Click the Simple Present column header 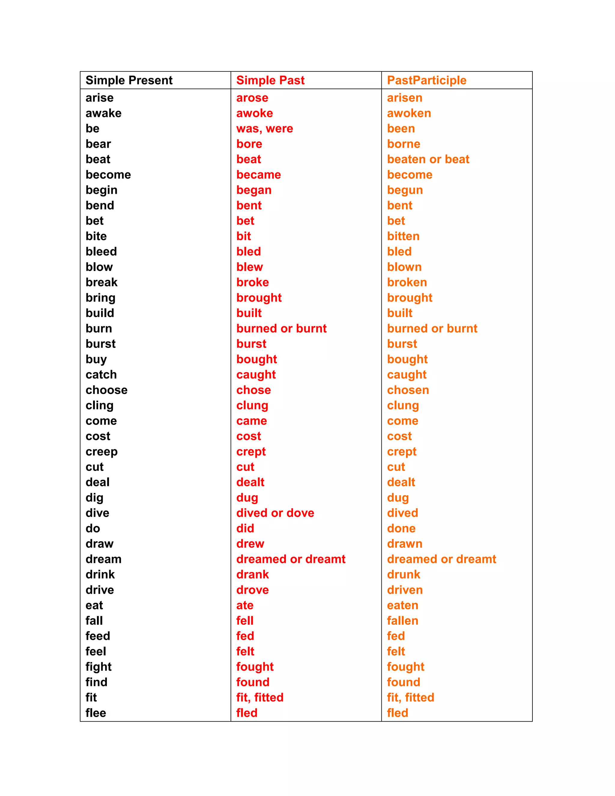[x=129, y=80]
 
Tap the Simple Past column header [x=270, y=80]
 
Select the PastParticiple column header [x=427, y=80]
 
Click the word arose [x=252, y=98]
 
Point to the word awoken [x=409, y=113]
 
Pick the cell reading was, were [x=265, y=129]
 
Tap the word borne [x=404, y=144]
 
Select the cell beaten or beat [x=428, y=159]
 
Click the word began [x=254, y=190]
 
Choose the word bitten [x=403, y=236]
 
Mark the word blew [x=250, y=267]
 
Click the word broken [x=407, y=282]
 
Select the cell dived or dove [x=275, y=513]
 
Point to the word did [x=245, y=528]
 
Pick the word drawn [x=404, y=544]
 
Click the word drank [x=253, y=575]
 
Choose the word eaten [x=403, y=605]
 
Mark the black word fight [x=98, y=667]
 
